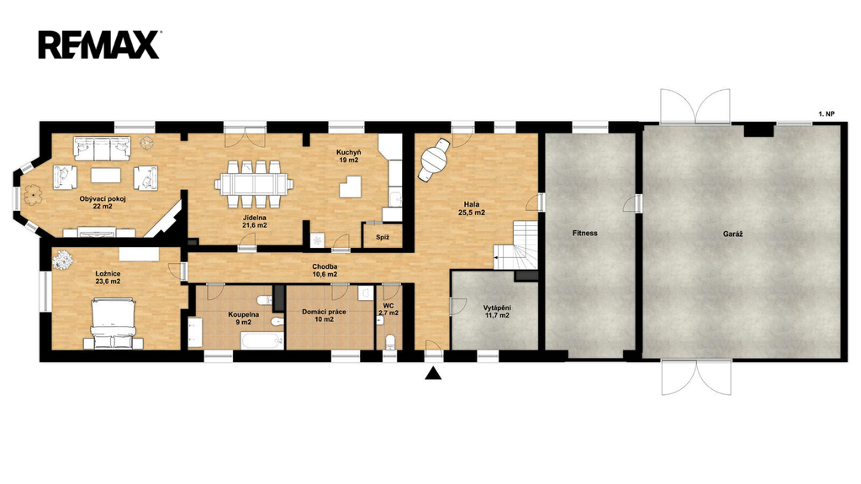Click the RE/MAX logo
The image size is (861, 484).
coord(99,45)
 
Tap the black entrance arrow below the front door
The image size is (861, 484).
coord(434,373)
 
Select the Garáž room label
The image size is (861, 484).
coord(732,234)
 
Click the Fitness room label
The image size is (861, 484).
coord(585,234)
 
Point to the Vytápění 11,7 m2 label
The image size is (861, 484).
coord(497,312)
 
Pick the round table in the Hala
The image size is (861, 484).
coord(435,159)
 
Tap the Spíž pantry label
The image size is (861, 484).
coord(383,238)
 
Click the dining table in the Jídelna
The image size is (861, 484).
coord(254,184)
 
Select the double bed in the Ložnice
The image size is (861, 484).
coord(113,324)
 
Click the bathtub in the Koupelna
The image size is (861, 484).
coord(262,341)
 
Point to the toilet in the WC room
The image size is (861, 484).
coord(390,341)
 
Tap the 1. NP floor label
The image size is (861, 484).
coord(827,114)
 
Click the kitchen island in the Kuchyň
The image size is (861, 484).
coord(351,187)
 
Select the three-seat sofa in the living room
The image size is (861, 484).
coord(102,148)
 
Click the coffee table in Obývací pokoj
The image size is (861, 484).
coord(106,175)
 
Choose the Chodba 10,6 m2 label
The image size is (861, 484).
coord(325,271)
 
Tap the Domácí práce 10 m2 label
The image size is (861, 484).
coord(324,316)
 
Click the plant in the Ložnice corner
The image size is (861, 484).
coord(62,260)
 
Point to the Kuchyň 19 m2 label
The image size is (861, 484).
coord(348,156)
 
